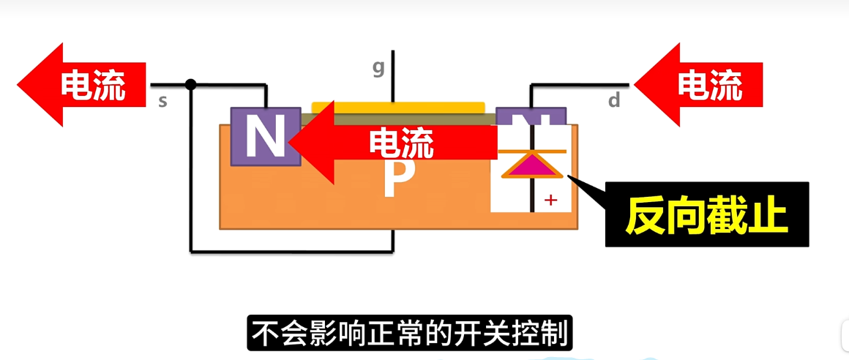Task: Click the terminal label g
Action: [x=378, y=68]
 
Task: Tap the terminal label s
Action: [x=162, y=102]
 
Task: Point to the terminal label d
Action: [x=614, y=101]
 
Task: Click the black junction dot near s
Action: [x=191, y=84]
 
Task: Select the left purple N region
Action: [x=264, y=136]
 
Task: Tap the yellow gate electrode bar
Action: [x=398, y=108]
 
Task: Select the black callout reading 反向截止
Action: [x=706, y=215]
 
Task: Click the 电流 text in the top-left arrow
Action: [x=93, y=85]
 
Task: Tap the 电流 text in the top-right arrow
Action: [x=709, y=85]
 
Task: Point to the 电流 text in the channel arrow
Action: [x=400, y=143]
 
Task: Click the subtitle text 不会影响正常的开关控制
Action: [x=409, y=334]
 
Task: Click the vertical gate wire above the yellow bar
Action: [x=393, y=77]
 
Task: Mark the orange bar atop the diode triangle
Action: [x=533, y=151]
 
